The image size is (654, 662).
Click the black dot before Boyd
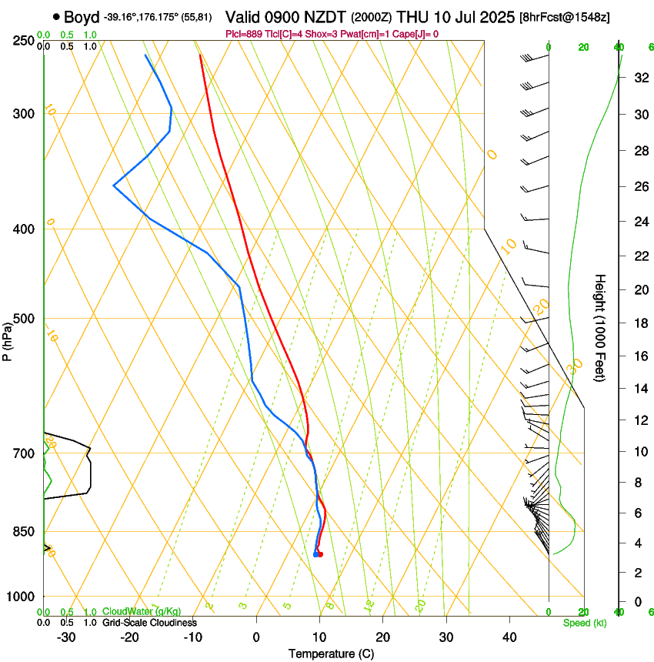point(57,17)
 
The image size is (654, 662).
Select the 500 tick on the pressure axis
point(24,319)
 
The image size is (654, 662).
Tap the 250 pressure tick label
point(24,40)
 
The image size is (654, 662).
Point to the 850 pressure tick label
point(24,531)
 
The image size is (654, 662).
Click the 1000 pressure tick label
point(22,596)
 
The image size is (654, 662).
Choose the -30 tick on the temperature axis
point(66,637)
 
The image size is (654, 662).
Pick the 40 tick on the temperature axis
point(509,637)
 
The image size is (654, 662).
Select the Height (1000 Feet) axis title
point(601,328)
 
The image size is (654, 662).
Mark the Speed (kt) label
point(584,623)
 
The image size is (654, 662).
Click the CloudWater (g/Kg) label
point(142,611)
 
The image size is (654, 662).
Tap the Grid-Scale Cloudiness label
point(150,622)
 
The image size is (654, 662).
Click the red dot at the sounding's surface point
point(320,554)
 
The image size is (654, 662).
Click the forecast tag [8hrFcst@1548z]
point(566,17)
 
